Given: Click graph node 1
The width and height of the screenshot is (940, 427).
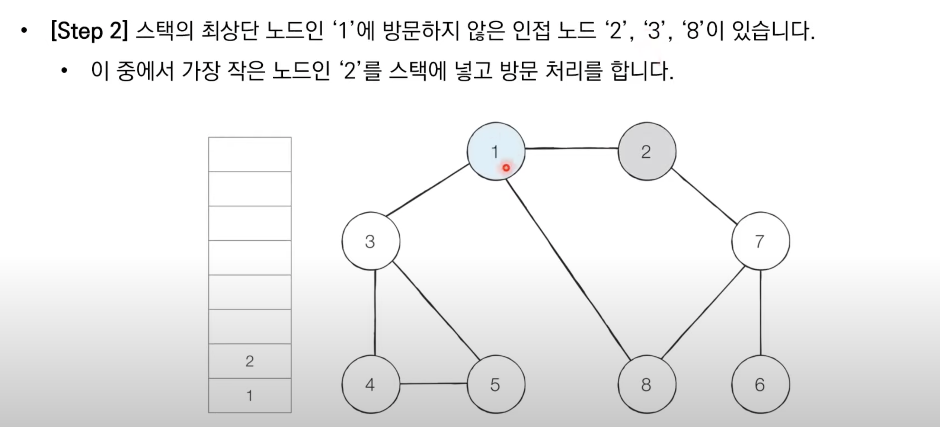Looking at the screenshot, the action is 496,151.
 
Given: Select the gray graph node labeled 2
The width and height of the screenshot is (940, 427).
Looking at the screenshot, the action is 647,151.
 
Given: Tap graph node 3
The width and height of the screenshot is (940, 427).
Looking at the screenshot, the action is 371,241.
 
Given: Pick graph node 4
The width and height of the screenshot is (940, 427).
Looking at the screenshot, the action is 371,384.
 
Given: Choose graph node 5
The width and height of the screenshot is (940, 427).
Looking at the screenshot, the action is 496,384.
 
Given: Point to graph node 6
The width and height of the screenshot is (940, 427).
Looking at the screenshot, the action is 760,384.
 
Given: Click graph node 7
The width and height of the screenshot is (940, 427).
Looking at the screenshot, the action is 760,241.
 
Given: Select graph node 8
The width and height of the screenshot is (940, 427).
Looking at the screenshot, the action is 647,384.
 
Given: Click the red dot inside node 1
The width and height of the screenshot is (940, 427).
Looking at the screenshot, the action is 506,168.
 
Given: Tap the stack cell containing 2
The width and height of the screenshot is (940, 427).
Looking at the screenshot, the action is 250,361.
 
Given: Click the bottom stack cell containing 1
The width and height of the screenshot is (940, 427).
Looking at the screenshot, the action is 250,395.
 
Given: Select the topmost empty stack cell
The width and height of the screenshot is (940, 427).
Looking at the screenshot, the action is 250,154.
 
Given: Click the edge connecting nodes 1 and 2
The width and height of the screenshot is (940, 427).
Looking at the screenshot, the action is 571,148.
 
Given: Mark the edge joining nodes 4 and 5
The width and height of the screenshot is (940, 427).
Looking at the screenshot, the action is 433,383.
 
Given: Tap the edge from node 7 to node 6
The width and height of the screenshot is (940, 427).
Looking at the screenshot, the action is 760,312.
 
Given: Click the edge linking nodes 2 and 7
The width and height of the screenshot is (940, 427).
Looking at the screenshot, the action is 704,196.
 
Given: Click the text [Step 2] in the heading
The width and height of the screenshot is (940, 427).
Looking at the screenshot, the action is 89,30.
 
